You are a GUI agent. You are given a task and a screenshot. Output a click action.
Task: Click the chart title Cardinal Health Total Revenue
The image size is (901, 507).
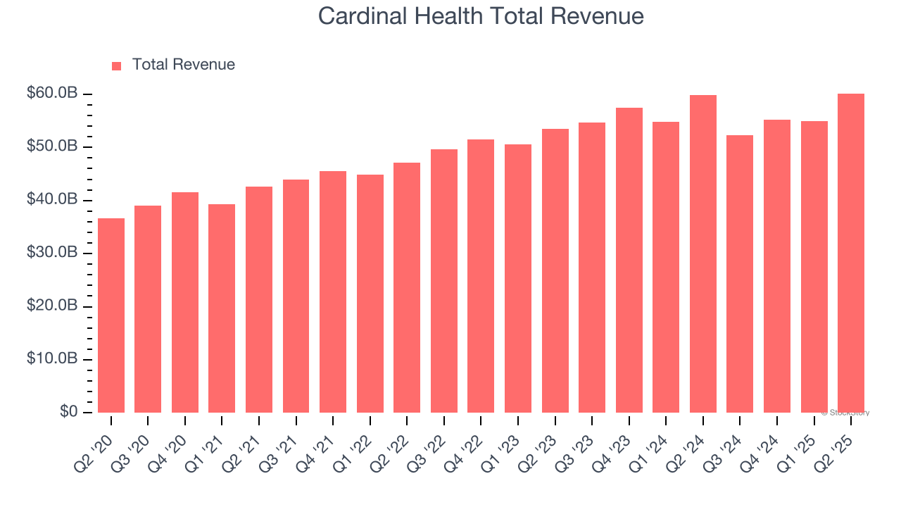[x=481, y=16]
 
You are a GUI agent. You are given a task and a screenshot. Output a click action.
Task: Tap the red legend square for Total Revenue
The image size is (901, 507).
[x=117, y=65]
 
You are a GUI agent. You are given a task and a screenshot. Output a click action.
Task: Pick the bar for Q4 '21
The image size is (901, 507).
[x=333, y=292]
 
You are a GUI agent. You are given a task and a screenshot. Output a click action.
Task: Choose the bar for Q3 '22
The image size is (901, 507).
[x=444, y=281]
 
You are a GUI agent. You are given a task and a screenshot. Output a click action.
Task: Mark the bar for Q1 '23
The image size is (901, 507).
[x=518, y=278]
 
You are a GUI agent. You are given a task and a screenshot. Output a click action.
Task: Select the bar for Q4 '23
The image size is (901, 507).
[x=629, y=260]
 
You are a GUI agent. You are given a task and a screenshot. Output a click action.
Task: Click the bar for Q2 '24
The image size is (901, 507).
[x=703, y=254]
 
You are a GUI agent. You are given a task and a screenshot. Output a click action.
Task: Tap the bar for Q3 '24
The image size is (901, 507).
[x=740, y=274]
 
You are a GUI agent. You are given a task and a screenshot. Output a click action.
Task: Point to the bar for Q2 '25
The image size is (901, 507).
[x=851, y=253]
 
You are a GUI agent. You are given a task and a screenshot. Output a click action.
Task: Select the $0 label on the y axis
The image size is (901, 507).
[x=68, y=412]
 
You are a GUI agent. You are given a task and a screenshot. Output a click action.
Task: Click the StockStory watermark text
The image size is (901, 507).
[x=846, y=413]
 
